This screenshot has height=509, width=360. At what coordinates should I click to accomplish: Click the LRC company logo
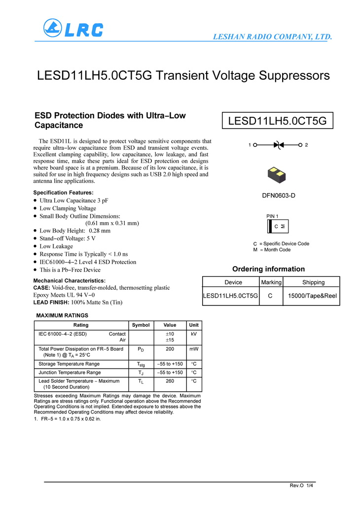(x=73, y=28)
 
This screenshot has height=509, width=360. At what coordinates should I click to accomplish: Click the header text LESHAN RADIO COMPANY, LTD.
(x=272, y=37)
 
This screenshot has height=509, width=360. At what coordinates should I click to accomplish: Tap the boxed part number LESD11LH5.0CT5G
(x=277, y=121)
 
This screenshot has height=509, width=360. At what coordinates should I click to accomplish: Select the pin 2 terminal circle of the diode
(x=301, y=145)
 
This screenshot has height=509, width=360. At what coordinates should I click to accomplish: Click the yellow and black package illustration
(x=278, y=174)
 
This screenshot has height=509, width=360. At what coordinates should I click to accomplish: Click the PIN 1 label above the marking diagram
(x=272, y=216)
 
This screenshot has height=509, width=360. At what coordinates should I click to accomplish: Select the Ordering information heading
(x=268, y=269)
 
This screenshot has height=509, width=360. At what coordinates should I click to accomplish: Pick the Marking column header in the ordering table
(x=271, y=282)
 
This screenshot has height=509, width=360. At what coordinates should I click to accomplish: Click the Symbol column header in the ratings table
(x=141, y=325)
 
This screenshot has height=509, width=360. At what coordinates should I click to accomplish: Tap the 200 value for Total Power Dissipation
(x=170, y=349)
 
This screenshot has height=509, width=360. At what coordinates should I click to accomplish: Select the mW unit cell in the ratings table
(x=194, y=349)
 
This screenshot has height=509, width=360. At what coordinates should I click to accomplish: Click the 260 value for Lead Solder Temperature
(x=170, y=381)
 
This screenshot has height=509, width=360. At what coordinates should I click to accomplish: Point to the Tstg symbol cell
(x=141, y=364)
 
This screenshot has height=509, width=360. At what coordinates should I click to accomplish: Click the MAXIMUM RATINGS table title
(x=62, y=315)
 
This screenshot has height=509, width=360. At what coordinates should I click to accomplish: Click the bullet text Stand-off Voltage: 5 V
(x=68, y=238)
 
